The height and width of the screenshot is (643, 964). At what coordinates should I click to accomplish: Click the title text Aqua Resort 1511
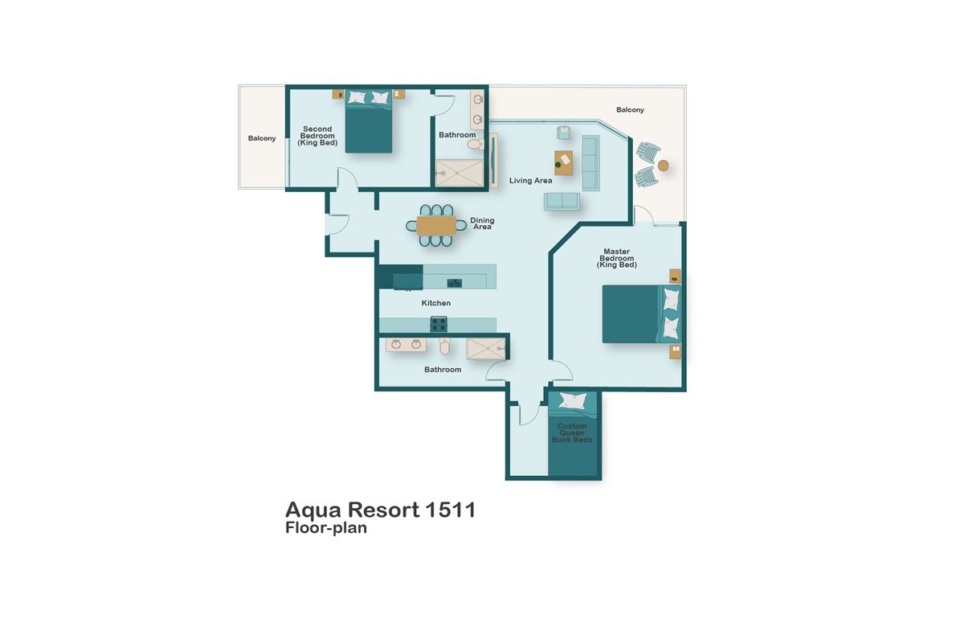(380, 510)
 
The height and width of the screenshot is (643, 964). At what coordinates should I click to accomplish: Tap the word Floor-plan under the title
(326, 529)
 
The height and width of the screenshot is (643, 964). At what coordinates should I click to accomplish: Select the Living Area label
(530, 181)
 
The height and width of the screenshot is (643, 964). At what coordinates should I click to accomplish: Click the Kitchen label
(436, 303)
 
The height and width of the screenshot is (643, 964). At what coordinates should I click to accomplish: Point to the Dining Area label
(482, 223)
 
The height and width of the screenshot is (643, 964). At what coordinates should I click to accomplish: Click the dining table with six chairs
(436, 226)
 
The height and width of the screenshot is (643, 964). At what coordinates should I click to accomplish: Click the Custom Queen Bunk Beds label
(572, 433)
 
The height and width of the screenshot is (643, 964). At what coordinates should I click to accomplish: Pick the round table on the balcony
(663, 166)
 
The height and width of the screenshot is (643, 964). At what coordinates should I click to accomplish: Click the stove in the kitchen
(439, 324)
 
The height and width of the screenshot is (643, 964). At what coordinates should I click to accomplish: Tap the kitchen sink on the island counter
(454, 281)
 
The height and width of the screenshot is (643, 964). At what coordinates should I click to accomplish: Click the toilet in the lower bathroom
(445, 346)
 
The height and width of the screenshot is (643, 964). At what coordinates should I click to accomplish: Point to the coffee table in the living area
(564, 162)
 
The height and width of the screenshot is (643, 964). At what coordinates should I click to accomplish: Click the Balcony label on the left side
(262, 138)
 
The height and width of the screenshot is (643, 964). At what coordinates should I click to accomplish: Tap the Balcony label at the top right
(630, 109)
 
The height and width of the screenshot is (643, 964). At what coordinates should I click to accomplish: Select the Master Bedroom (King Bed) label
(616, 258)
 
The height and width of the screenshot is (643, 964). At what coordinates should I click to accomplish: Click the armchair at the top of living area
(564, 133)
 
